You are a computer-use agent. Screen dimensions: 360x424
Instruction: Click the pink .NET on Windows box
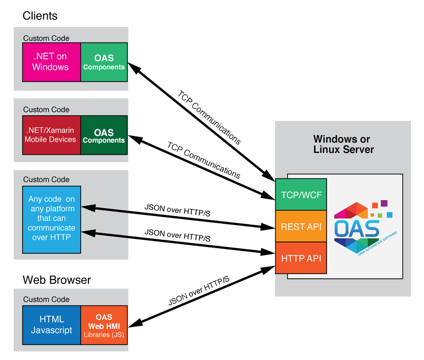point(51,62)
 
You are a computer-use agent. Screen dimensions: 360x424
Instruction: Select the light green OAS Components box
point(104,62)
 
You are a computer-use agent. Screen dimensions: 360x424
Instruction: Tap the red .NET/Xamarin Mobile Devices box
point(51,135)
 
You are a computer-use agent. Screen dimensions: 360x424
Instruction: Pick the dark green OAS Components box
point(104,135)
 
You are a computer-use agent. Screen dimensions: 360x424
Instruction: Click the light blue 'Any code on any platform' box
point(51,219)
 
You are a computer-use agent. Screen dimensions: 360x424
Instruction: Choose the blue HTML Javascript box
point(51,325)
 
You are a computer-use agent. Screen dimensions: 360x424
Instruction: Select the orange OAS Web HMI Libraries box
point(104,325)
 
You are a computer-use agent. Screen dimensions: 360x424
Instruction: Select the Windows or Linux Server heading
point(343,144)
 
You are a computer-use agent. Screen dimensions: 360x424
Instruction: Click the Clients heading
point(40,16)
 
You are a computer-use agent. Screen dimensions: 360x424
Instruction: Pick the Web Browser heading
point(57,280)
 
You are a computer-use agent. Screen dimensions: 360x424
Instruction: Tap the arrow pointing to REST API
point(179,217)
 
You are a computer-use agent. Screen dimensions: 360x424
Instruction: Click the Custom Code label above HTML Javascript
point(46,299)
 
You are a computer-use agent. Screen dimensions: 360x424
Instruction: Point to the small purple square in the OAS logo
point(384,203)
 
